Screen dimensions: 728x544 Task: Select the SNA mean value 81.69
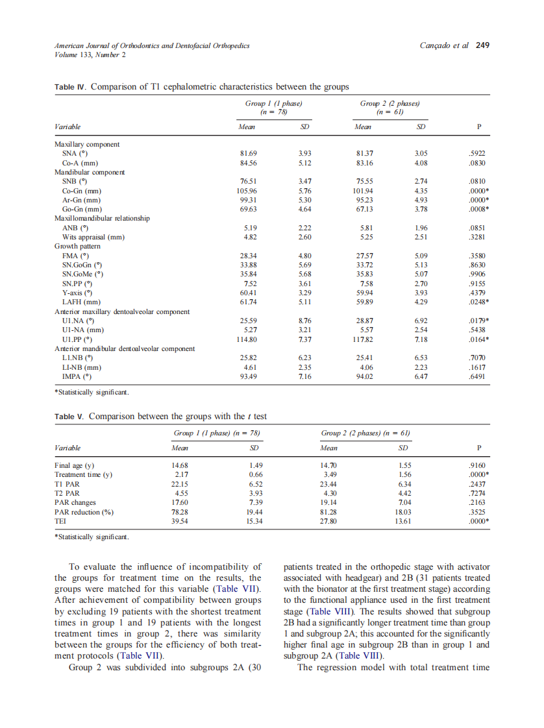pyautogui.click(x=250, y=153)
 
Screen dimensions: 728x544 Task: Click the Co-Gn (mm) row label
pyautogui.click(x=82, y=191)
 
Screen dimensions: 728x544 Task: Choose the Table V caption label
pyautogui.click(x=68, y=417)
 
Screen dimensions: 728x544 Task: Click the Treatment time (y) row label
pyautogui.click(x=83, y=474)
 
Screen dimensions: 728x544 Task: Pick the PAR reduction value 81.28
pyautogui.click(x=328, y=511)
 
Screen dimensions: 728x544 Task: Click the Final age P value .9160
pyautogui.click(x=476, y=465)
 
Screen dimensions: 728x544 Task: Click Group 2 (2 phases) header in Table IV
pyautogui.click(x=389, y=103)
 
